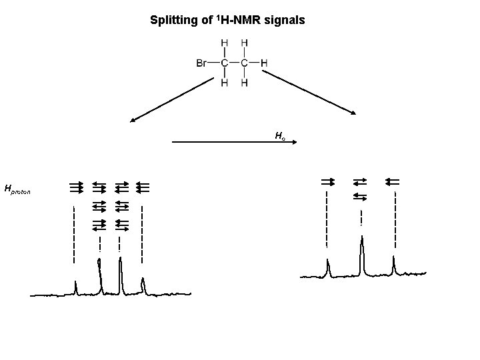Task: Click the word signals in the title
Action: click(287, 21)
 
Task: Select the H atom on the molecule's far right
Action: click(265, 63)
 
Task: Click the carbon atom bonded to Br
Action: click(224, 63)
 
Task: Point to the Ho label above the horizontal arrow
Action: click(280, 136)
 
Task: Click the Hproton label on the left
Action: click(17, 191)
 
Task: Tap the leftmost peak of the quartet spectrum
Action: click(75, 287)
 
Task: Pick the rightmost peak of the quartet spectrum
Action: click(143, 285)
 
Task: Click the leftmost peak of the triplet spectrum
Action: click(328, 267)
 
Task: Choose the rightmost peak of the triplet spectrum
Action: click(394, 264)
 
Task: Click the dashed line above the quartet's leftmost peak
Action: click(74, 233)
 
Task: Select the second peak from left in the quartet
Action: click(100, 273)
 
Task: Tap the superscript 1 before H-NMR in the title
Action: click(215, 18)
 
